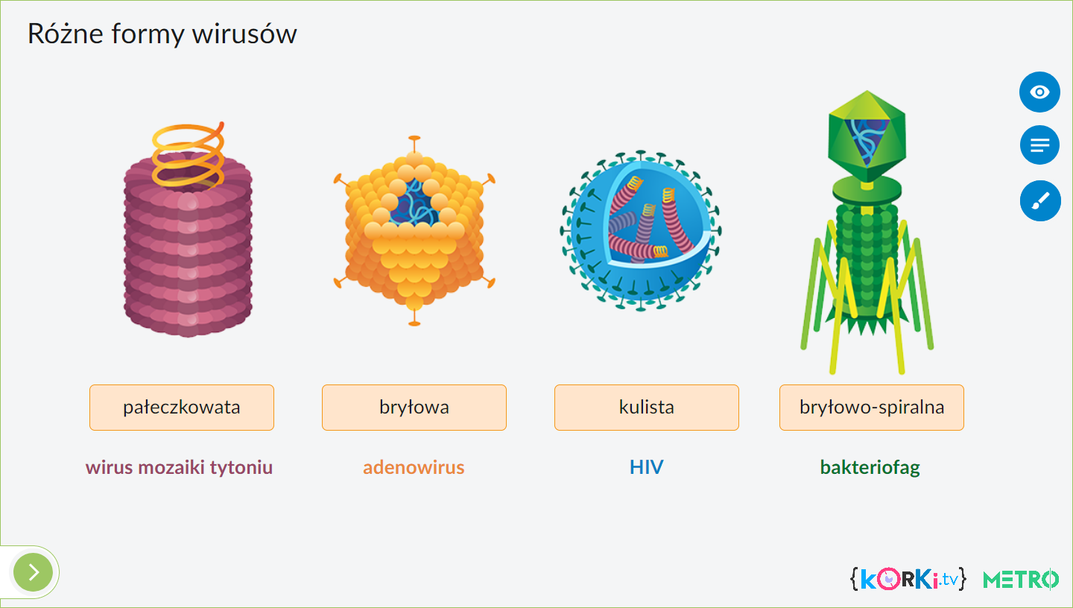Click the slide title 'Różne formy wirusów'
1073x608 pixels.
pos(162,34)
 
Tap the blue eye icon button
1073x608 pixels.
pos(1039,92)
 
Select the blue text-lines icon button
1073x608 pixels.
pos(1039,145)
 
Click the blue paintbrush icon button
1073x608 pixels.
pos(1040,200)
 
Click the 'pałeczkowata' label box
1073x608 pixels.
pos(182,408)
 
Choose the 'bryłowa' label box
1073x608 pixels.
pos(414,408)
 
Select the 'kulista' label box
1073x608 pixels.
pos(647,408)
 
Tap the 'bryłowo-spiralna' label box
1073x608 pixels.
pos(871,408)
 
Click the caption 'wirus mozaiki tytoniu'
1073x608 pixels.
pos(179,467)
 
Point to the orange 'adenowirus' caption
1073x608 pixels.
pos(414,467)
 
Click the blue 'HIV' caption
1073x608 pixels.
pos(646,467)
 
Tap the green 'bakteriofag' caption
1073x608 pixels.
pos(870,468)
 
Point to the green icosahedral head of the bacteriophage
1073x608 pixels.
pos(867,136)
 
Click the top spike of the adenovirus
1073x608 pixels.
pos(414,145)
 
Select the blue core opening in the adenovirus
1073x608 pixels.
pos(414,203)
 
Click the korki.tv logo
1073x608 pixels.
pos(908,579)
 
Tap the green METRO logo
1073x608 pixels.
pos(1020,580)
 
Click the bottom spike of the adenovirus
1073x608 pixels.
pos(414,317)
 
